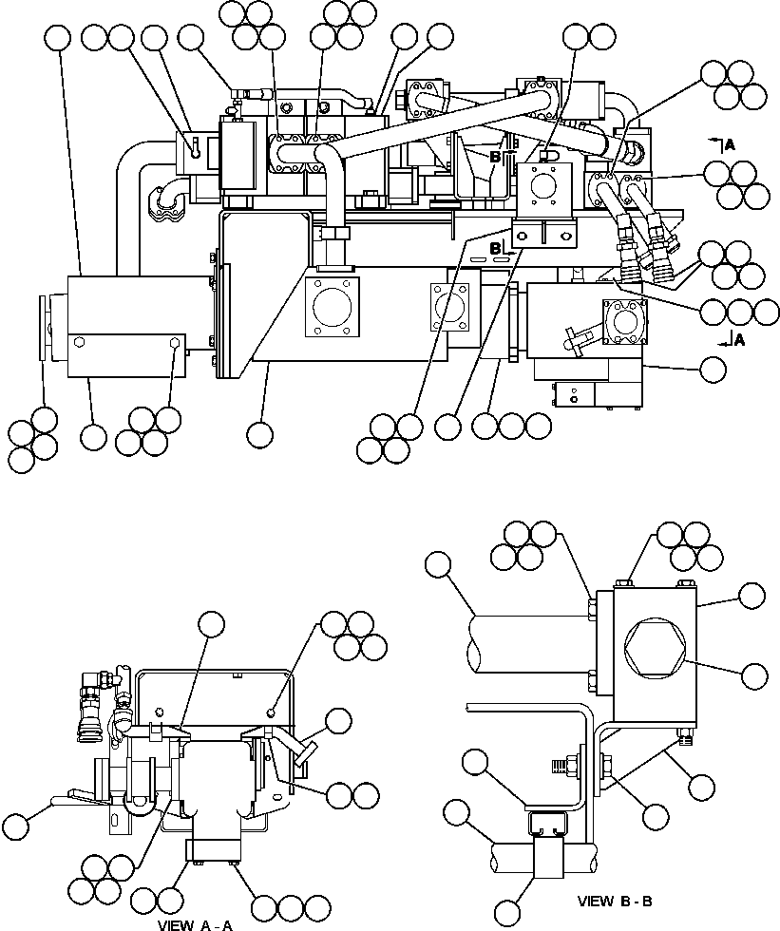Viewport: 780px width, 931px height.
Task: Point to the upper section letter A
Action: [x=729, y=144]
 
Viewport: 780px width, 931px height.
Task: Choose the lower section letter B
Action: [x=494, y=249]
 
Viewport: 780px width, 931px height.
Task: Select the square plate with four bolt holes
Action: [x=542, y=185]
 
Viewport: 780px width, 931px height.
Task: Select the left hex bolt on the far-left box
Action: [x=77, y=345]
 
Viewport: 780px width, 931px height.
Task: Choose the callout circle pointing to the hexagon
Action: [x=753, y=675]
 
